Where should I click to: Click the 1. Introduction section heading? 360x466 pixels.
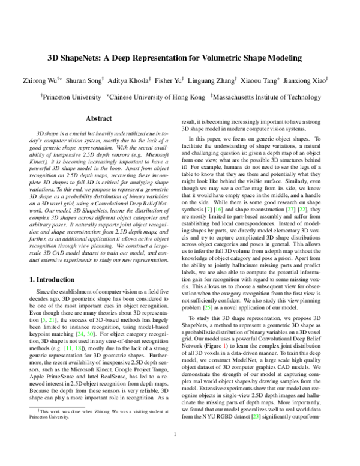point(57,280)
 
